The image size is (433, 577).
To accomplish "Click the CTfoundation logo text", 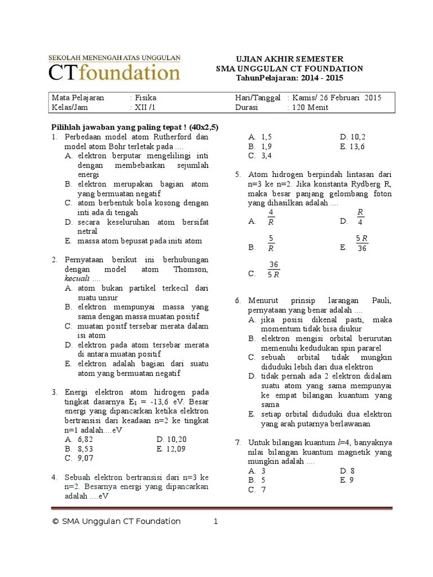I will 114,72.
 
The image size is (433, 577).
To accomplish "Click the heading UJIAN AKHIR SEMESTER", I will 289,59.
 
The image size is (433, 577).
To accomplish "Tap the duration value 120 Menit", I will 310,107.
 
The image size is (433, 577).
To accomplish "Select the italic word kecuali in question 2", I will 76,279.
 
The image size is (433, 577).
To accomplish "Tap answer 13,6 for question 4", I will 357,146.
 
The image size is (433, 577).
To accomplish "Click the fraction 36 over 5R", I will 273,269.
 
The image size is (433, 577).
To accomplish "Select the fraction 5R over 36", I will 361,243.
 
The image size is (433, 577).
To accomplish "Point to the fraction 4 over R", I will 271,217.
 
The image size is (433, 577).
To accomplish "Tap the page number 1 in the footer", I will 215,521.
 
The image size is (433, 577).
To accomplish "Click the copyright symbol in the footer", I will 55,522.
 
